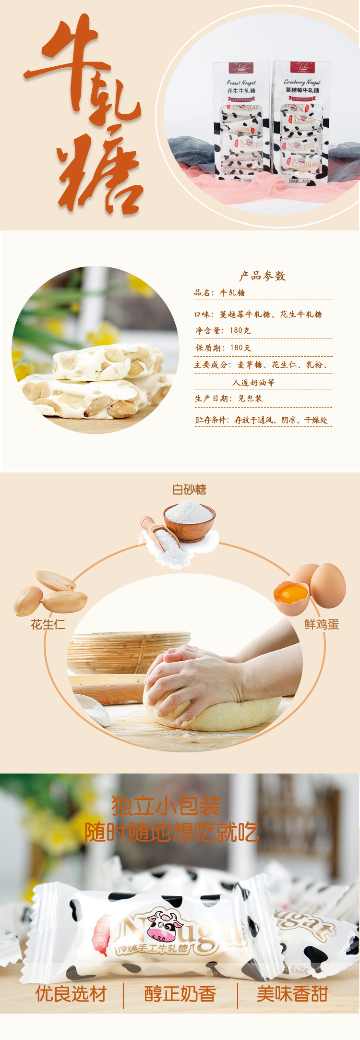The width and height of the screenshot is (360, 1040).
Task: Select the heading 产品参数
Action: point(263,276)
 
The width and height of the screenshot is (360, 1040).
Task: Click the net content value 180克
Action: point(240,330)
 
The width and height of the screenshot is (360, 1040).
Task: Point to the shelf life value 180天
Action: point(240,348)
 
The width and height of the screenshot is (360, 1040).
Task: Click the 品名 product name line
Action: point(220,292)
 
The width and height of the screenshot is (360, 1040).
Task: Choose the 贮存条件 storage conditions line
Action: point(261,420)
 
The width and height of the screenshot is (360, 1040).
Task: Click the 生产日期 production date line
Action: point(228,398)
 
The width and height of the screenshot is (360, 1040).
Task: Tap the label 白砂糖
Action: point(189,489)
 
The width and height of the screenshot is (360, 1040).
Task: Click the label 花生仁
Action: point(48,624)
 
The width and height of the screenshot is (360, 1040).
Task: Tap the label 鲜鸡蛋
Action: point(322,624)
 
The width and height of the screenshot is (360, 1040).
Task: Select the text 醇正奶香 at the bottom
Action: point(180,994)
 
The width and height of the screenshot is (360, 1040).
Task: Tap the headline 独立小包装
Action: point(167,806)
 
